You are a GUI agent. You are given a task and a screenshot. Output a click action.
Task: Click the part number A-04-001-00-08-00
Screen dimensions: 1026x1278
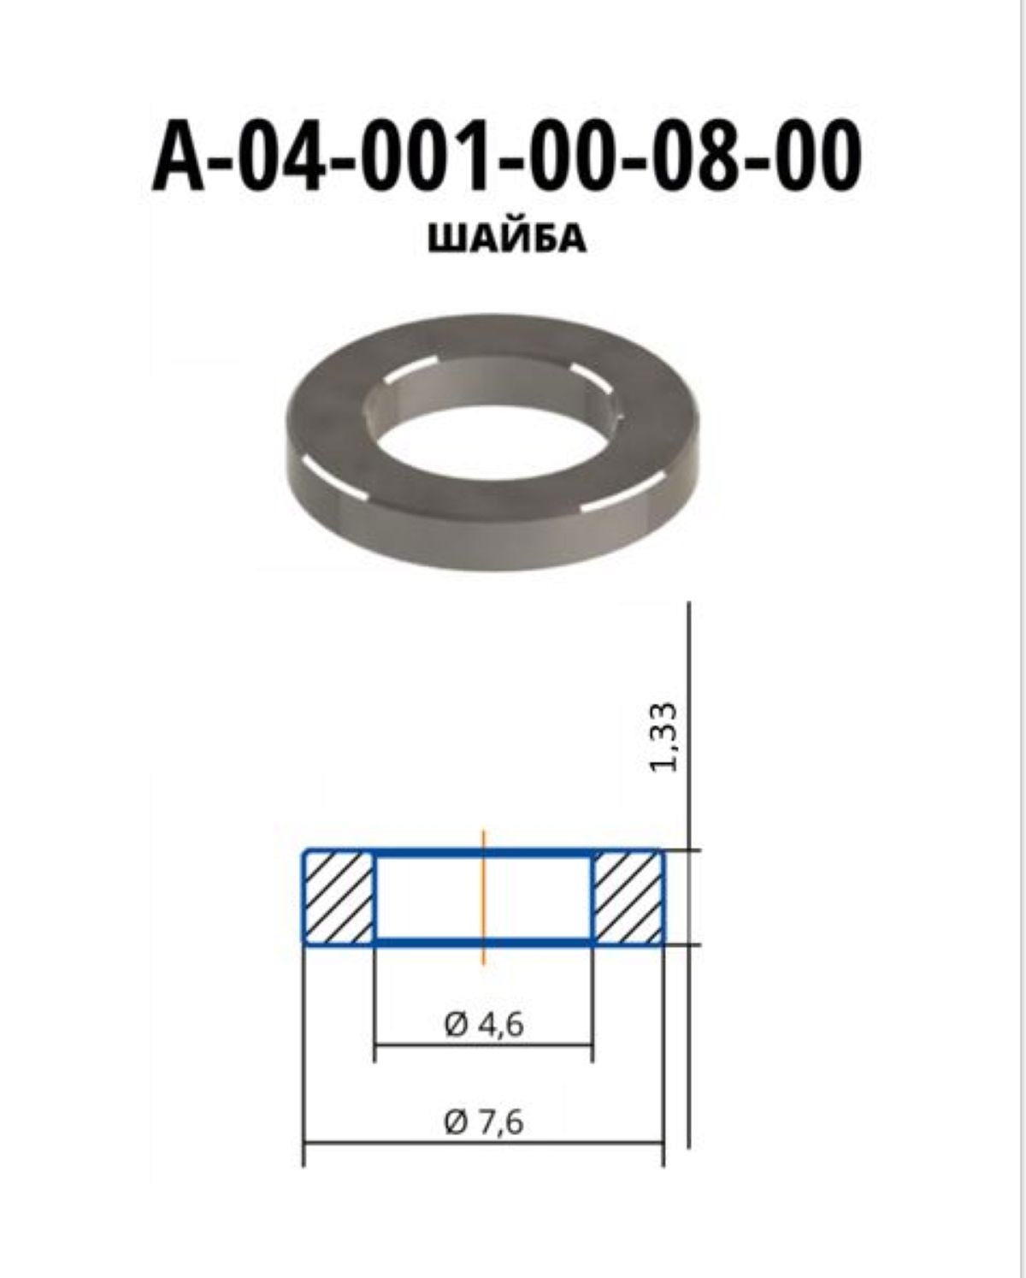point(506,156)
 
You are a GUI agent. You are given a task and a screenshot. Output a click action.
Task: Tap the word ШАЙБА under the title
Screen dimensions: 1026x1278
point(507,240)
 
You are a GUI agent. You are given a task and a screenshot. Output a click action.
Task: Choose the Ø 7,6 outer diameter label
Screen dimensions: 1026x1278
point(484,1123)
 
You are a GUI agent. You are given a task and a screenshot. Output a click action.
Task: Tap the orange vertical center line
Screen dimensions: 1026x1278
point(484,896)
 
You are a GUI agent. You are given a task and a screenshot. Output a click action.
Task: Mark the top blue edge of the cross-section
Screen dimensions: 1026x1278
point(484,853)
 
